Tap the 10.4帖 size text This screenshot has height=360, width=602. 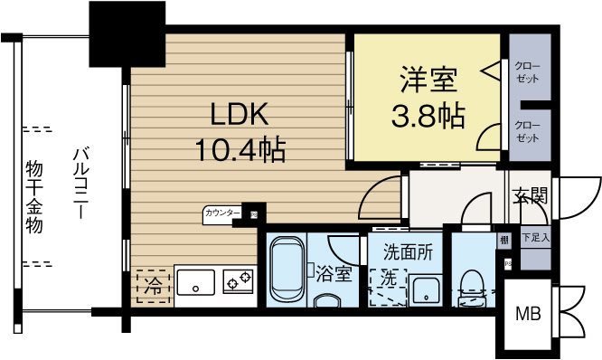point(240,148)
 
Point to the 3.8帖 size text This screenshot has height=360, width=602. point(426,117)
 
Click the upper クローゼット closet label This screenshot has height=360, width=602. point(528,72)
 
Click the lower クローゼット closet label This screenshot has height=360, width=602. point(528,132)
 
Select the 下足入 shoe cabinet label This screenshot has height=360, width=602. point(535,239)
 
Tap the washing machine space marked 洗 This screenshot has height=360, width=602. point(388,279)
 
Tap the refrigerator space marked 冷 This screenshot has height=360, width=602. point(152,286)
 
